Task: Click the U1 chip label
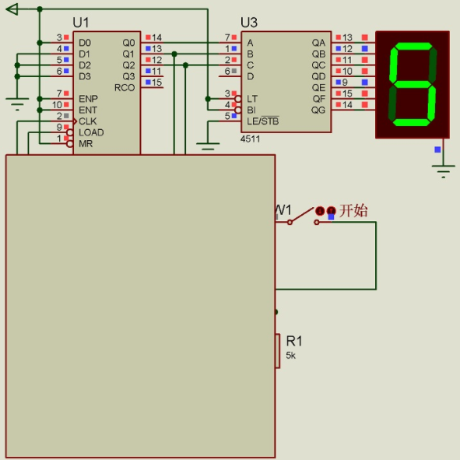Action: tap(81, 23)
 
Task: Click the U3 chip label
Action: tap(249, 23)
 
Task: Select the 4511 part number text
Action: tap(251, 139)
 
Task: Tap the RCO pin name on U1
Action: tap(125, 87)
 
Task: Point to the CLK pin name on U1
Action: tap(88, 121)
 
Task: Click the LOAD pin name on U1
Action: tap(91, 132)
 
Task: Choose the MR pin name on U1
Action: tap(86, 144)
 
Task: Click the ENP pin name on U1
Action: tap(88, 99)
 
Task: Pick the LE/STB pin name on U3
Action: tap(263, 121)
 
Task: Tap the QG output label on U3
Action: tap(318, 110)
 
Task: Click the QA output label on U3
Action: tap(318, 43)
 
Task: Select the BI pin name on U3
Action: tap(251, 110)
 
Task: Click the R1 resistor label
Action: tap(294, 341)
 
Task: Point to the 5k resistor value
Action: tap(291, 355)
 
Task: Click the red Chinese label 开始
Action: tap(353, 210)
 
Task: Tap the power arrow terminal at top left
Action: tap(12, 9)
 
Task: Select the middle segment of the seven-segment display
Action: tap(413, 84)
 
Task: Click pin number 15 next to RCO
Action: tap(156, 83)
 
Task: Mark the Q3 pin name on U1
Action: tap(128, 76)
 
